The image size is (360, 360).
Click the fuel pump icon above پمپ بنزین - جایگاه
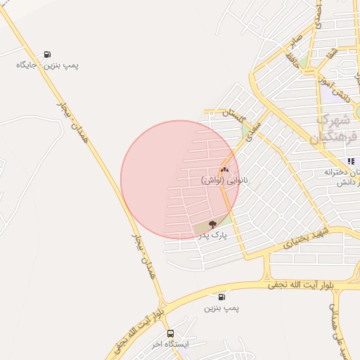click(47, 54)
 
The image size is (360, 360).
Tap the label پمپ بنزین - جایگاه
click(47, 65)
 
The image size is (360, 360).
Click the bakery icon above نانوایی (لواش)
click(224, 170)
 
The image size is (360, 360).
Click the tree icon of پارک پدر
click(212, 225)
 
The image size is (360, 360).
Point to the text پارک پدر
click(212, 237)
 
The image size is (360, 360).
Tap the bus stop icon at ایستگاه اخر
click(170, 333)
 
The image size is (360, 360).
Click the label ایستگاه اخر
click(170, 344)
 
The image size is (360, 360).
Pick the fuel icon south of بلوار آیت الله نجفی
click(223, 297)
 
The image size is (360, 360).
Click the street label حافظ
click(291, 58)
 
